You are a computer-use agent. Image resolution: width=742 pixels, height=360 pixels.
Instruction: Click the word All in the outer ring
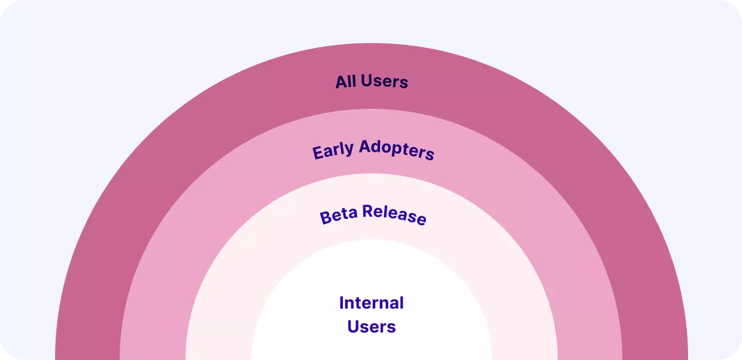tap(346, 81)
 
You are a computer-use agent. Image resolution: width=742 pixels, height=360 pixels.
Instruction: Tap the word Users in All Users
tap(384, 81)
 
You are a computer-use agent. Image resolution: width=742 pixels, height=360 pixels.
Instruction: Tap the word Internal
tap(371, 303)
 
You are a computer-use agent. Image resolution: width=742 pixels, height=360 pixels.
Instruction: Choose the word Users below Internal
tap(371, 327)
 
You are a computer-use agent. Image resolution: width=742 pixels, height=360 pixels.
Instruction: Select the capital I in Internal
tap(342, 303)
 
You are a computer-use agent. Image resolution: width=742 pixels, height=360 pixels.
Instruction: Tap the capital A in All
tap(340, 82)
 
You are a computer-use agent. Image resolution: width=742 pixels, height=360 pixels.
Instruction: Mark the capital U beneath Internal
tap(352, 327)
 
